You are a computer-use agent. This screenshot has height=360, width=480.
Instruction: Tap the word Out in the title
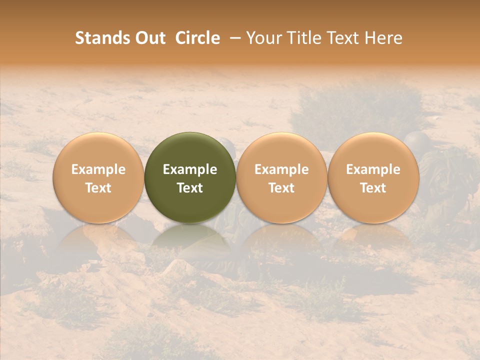click(x=149, y=38)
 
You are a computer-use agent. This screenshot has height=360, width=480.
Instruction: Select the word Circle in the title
click(x=197, y=38)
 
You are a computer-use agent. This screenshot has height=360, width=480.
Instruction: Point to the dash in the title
click(x=233, y=38)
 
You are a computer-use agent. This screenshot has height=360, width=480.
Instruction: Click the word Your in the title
click(x=262, y=38)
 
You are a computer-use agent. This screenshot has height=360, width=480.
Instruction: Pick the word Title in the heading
click(x=301, y=38)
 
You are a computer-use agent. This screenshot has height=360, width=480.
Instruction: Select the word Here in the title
click(x=381, y=38)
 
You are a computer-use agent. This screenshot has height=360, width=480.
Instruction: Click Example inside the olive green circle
click(x=190, y=169)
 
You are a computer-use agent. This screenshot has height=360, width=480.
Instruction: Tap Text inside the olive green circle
click(x=190, y=188)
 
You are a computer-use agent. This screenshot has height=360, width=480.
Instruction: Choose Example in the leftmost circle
click(x=98, y=169)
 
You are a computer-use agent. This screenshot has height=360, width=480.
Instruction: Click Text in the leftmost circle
click(x=98, y=188)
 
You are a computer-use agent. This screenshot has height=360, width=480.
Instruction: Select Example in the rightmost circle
click(x=373, y=169)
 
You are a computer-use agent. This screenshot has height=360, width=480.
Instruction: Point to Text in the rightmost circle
click(x=373, y=188)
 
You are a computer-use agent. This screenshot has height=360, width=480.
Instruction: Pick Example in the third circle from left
click(x=281, y=169)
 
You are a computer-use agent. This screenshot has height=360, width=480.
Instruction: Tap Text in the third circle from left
click(x=281, y=188)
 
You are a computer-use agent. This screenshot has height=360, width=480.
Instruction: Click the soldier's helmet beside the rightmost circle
click(x=415, y=139)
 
